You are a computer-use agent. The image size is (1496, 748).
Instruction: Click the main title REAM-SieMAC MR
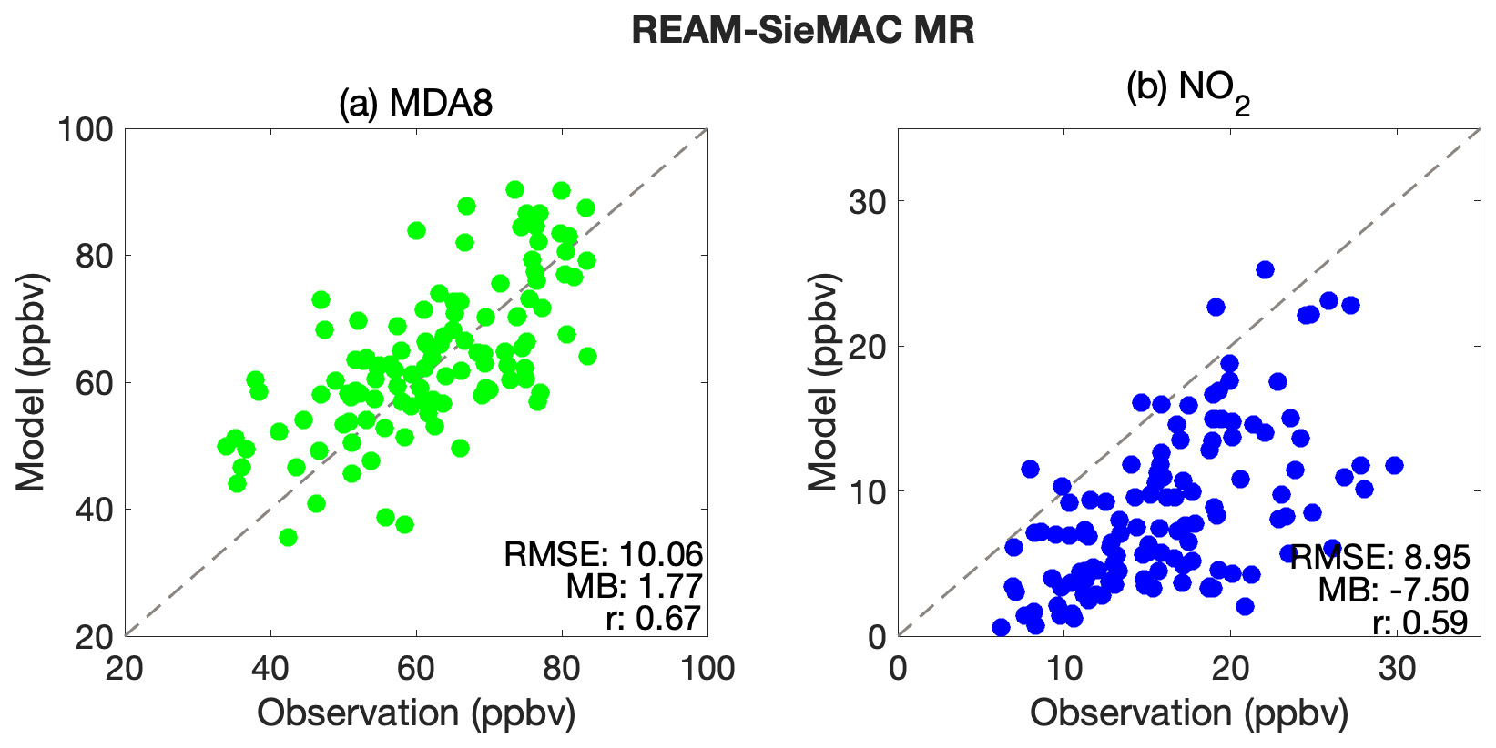click(x=803, y=31)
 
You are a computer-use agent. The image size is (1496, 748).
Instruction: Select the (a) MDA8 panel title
click(x=416, y=103)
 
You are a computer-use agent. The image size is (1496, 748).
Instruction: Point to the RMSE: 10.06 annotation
click(x=604, y=554)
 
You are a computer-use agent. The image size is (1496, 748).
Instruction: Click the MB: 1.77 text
click(x=634, y=587)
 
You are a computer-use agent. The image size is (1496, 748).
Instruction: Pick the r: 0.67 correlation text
click(x=653, y=619)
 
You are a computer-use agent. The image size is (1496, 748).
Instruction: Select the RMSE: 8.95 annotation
click(x=1379, y=557)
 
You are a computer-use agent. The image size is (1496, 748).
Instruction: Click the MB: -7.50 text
click(x=1393, y=590)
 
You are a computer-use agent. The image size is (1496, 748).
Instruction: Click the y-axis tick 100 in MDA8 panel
click(x=86, y=129)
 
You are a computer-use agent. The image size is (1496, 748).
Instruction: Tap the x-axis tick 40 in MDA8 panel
click(x=270, y=670)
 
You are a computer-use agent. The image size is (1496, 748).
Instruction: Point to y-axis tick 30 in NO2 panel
click(x=867, y=202)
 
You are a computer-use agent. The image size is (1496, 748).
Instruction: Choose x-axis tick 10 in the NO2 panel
click(x=1064, y=670)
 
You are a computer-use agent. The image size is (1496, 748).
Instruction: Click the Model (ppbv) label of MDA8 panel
click(x=30, y=382)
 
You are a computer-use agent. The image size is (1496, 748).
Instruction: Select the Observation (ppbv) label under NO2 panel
click(x=1188, y=713)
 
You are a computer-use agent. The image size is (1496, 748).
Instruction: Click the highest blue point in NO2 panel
click(x=1265, y=269)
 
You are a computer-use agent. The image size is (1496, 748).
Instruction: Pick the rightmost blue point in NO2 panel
click(x=1393, y=465)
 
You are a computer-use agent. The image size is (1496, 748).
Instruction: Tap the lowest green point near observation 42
click(x=288, y=537)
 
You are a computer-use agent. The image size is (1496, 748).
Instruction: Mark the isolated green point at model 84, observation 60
click(x=416, y=230)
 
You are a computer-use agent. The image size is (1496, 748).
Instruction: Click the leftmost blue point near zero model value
click(x=1001, y=627)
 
